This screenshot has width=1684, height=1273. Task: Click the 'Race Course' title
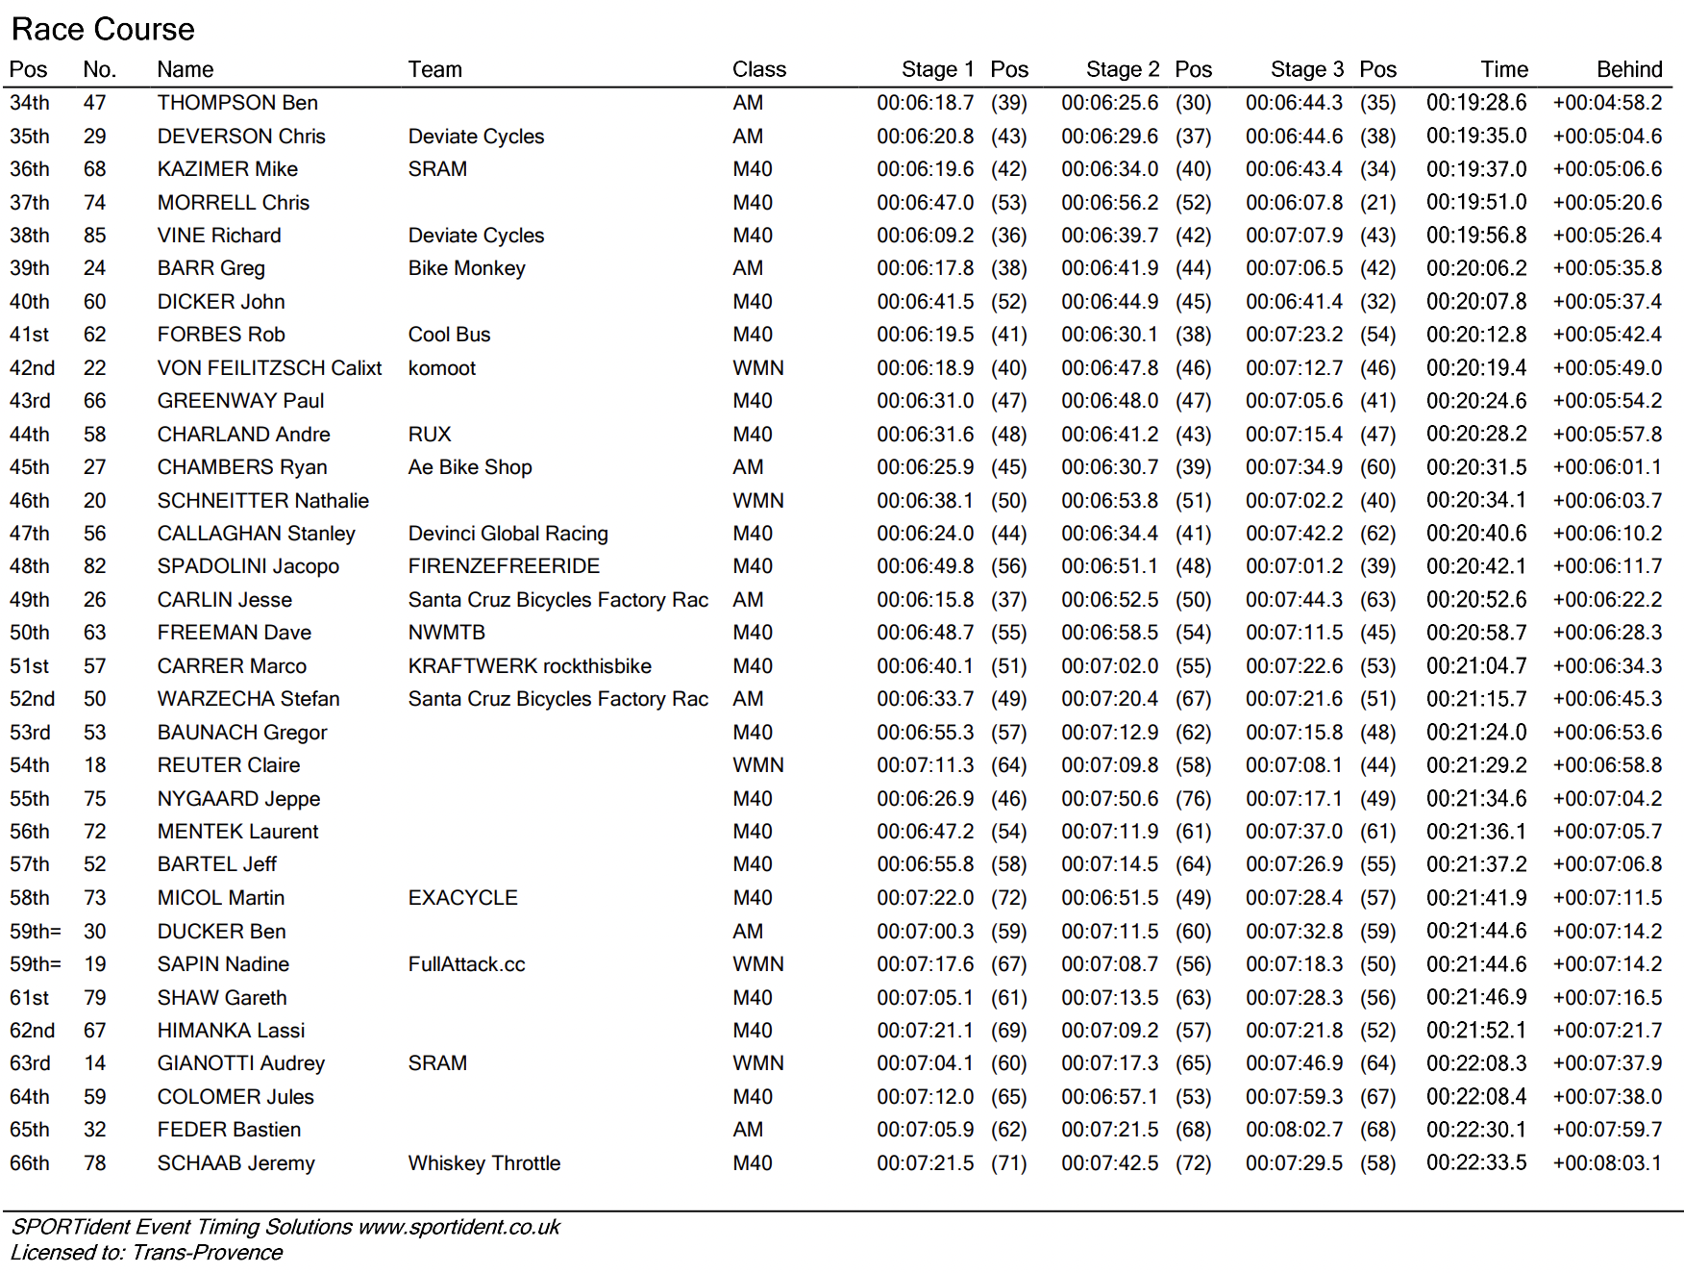[103, 29]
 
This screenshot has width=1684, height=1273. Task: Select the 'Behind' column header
[1628, 69]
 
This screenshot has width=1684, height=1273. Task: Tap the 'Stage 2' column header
[1122, 69]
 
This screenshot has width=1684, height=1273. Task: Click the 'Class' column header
[758, 69]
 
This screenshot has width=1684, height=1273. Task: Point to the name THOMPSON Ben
[237, 103]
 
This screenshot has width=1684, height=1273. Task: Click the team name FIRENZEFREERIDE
[504, 566]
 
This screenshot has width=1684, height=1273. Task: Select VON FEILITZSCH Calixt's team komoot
[441, 368]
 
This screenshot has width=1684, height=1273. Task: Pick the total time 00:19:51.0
[1475, 202]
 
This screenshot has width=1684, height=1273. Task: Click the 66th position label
[29, 1163]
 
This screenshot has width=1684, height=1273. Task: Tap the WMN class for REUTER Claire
[757, 765]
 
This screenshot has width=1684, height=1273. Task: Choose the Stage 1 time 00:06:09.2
[925, 236]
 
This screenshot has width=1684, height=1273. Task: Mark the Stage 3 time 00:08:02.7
[1294, 1130]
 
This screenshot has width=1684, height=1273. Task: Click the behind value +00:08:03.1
[1606, 1163]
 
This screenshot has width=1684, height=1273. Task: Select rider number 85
[94, 236]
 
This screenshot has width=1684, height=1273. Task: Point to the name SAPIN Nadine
[223, 964]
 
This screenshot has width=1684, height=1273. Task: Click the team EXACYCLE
[462, 898]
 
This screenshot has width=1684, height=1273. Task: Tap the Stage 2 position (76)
[1193, 799]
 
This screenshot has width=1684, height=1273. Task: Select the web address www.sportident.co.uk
[458, 1227]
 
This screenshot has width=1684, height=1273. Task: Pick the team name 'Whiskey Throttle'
[483, 1163]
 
